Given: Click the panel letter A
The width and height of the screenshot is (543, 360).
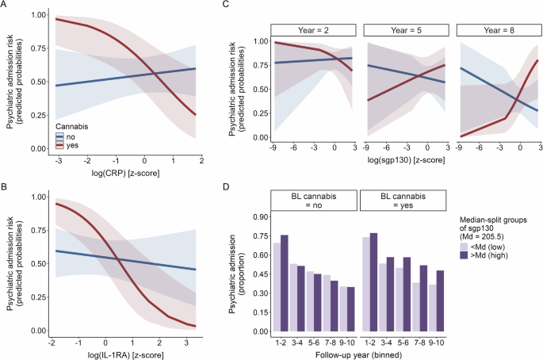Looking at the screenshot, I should (5, 6).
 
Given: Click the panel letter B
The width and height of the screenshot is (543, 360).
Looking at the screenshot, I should (5, 187).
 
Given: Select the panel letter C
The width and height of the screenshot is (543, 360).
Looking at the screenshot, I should (226, 6).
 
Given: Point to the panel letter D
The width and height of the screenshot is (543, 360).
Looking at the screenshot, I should (226, 187).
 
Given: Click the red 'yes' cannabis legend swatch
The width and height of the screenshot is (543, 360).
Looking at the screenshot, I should (59, 144).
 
